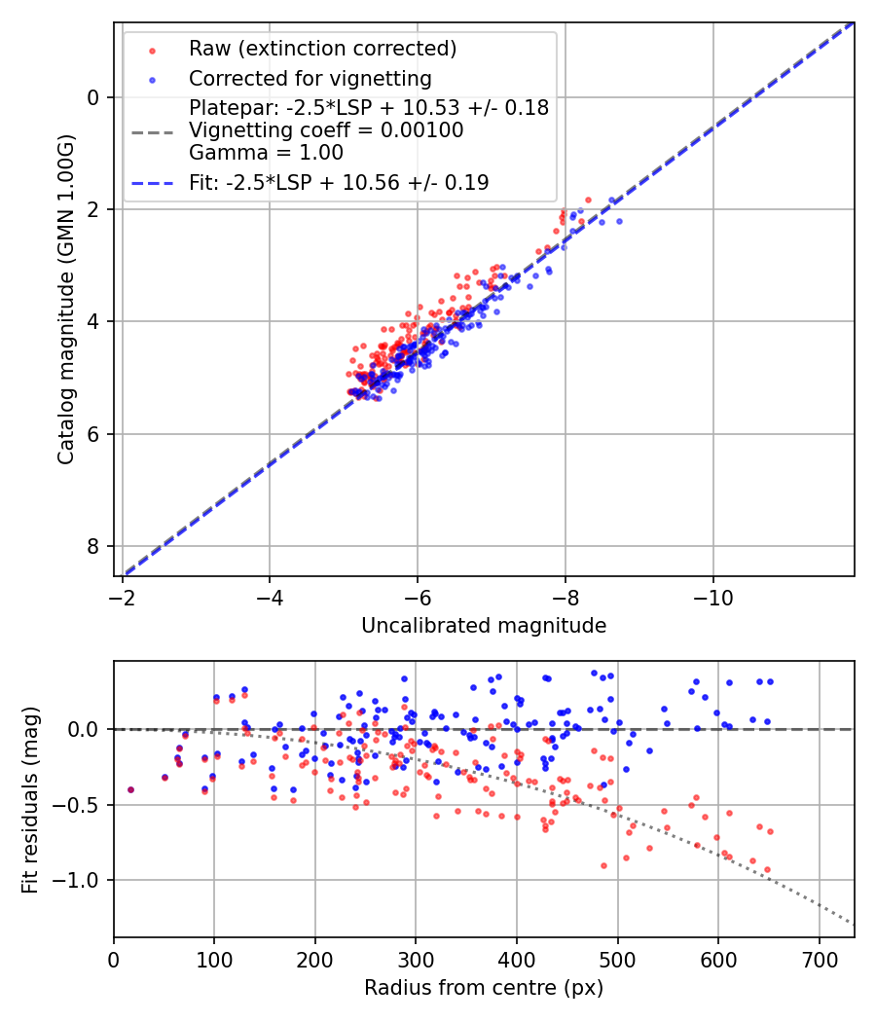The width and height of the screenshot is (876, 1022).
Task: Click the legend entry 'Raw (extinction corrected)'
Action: pyautogui.click(x=322, y=49)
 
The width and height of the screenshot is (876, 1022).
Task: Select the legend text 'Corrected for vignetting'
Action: pyautogui.click(x=310, y=78)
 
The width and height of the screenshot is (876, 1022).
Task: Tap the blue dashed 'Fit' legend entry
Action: pyautogui.click(x=339, y=182)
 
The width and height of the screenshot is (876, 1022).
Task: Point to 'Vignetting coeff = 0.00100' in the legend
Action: pyautogui.click(x=326, y=129)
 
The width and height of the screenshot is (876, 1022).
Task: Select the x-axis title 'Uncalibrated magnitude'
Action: pyautogui.click(x=484, y=626)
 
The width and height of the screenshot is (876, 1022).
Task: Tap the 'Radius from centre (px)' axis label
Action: pyautogui.click(x=484, y=988)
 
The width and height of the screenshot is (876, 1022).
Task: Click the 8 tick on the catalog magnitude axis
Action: pyautogui.click(x=94, y=546)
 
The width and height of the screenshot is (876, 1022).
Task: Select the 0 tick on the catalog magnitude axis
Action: pyautogui.click(x=94, y=97)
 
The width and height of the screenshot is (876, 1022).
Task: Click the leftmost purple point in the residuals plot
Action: pyautogui.click(x=130, y=790)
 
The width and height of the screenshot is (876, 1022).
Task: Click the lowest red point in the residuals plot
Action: pyautogui.click(x=767, y=869)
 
